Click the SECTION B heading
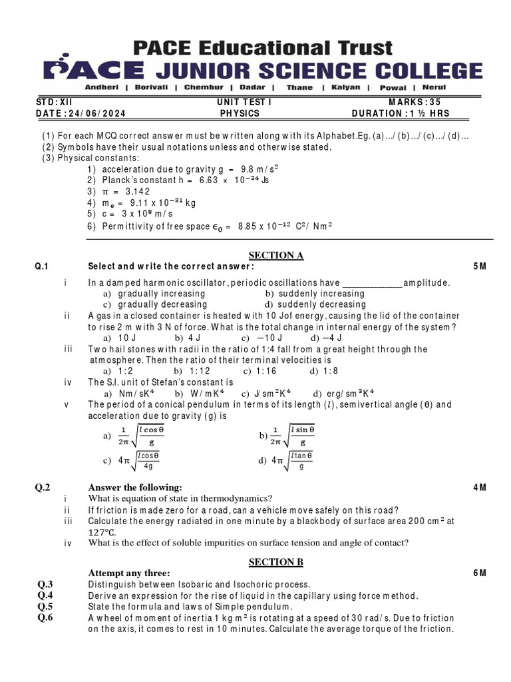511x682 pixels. click(x=275, y=562)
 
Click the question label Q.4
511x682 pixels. click(x=45, y=595)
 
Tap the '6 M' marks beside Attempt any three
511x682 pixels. click(x=480, y=573)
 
